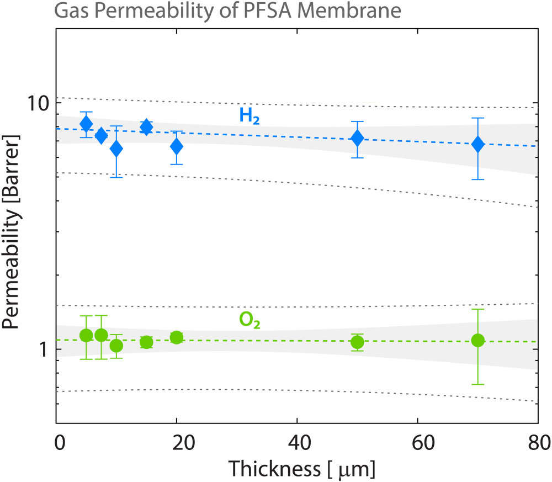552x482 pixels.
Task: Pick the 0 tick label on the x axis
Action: coord(60,442)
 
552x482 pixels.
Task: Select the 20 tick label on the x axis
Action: coord(177,442)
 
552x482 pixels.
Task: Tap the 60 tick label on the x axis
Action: coord(418,442)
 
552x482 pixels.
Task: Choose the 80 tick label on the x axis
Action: coord(538,442)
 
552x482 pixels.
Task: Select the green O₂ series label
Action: coord(249,320)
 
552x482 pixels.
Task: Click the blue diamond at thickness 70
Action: coord(478,144)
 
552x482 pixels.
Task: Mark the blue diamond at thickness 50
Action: coord(358,138)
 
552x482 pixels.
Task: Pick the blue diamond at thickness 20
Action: coord(177,146)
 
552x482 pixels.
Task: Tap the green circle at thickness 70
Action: coord(478,340)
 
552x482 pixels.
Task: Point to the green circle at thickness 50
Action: coord(358,342)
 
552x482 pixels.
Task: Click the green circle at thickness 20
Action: coord(177,337)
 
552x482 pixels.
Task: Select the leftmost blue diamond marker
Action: coord(86,124)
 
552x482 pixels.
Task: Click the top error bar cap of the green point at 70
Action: coord(478,309)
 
